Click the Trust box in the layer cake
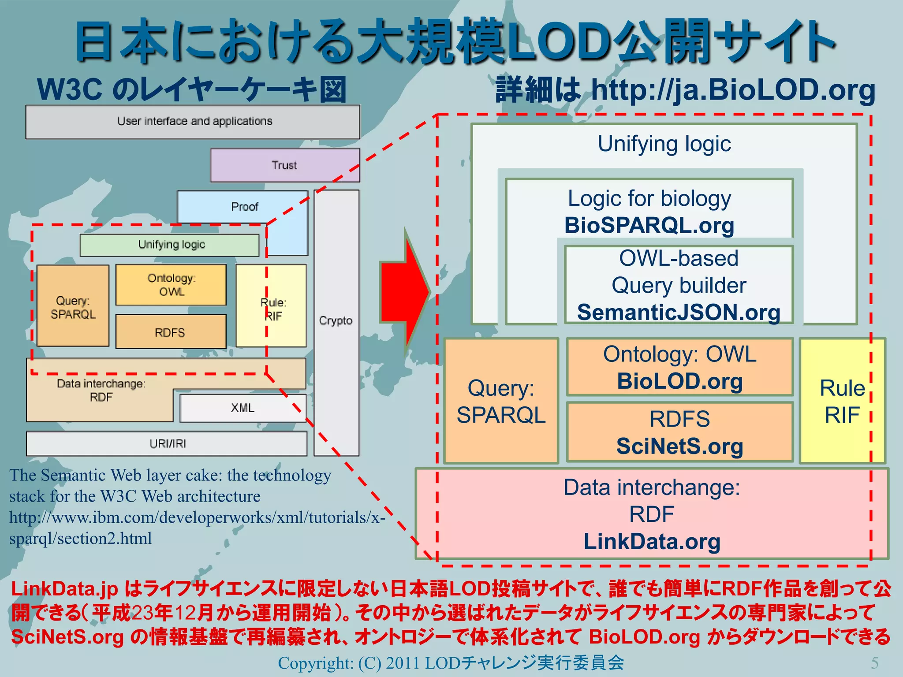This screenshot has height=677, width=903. point(285,165)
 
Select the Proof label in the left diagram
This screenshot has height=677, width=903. point(244,207)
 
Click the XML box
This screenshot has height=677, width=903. point(243,408)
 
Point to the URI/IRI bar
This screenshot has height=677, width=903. point(167,444)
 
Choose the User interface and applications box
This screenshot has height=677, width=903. point(194,122)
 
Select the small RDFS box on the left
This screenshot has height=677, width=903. point(170,332)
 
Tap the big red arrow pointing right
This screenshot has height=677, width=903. point(403,291)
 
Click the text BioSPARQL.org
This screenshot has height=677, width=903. point(649,226)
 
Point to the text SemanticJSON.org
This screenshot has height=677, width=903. point(679,312)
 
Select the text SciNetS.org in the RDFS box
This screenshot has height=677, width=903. point(679,446)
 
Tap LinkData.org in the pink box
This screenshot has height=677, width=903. point(652,542)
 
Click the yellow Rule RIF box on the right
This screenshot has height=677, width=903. point(842,401)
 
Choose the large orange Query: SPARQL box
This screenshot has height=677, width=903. point(501,401)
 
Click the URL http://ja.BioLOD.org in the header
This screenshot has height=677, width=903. point(733,90)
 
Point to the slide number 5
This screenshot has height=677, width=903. point(875,662)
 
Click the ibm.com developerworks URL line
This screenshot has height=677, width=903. point(197,517)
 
